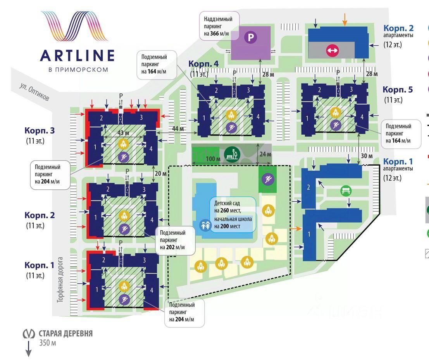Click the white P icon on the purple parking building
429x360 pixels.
[250, 38]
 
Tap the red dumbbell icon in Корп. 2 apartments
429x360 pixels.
[333, 50]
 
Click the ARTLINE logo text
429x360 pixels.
[77, 55]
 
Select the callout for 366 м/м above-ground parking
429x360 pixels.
[219, 26]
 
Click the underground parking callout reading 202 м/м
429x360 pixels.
[175, 240]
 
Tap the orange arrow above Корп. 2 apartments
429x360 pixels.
[345, 18]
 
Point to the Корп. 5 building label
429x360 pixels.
[398, 90]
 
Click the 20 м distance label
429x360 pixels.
[160, 173]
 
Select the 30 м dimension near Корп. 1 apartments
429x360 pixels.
[366, 156]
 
